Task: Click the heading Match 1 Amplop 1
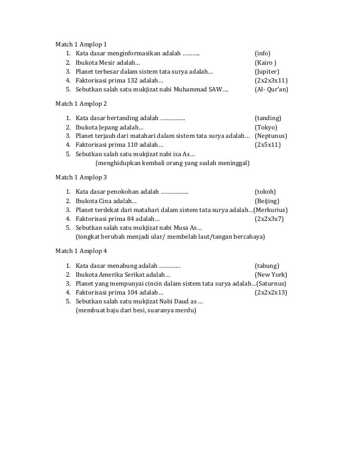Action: coord(81,44)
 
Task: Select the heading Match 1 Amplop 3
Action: coord(81,177)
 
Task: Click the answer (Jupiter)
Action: coord(270,72)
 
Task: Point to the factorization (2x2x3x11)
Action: coord(271,81)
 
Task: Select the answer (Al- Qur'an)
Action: coord(271,89)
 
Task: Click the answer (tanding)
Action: coord(268,118)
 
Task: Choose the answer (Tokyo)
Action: coord(266,127)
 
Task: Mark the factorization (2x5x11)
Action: coord(268,145)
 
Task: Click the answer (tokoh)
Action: coord(265,192)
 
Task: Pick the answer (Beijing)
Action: coord(267,201)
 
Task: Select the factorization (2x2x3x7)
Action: coord(269,218)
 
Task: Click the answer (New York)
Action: coord(270,274)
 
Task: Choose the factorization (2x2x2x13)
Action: coord(271,292)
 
